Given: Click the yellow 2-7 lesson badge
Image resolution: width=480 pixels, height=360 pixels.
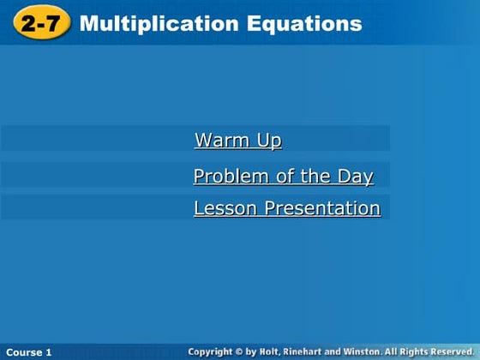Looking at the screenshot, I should [39, 24].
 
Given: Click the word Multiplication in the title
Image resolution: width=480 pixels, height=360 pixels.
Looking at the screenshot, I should [147, 24].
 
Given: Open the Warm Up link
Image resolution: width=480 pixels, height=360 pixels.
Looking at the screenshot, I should [237, 140].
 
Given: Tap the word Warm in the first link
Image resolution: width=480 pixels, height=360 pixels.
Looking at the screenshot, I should [222, 140].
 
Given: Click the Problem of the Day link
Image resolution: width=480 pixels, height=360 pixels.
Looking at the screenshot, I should [283, 177].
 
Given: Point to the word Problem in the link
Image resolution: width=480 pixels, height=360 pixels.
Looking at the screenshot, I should [226, 177].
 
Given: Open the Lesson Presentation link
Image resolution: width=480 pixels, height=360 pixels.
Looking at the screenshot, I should [286, 208].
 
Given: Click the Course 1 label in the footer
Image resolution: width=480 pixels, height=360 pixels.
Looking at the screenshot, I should [29, 352].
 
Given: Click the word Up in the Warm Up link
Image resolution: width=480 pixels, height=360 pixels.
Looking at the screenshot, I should [269, 140].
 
